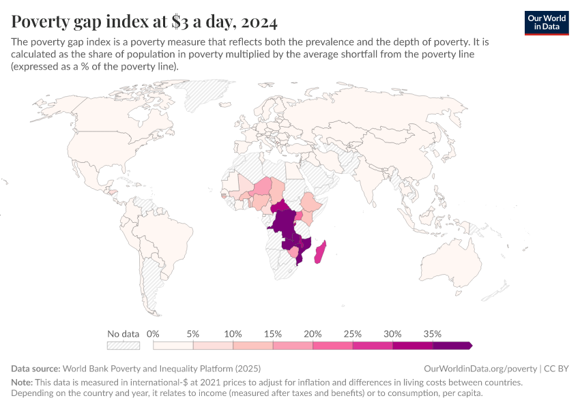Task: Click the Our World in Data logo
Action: pyautogui.click(x=547, y=22)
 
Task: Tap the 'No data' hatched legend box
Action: pyautogui.click(x=123, y=346)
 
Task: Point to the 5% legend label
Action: pyautogui.click(x=192, y=334)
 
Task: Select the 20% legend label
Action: pyautogui.click(x=313, y=334)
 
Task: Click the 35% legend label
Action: pyautogui.click(x=433, y=334)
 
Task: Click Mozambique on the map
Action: pyautogui.click(x=303, y=248)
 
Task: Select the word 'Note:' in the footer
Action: pyautogui.click(x=24, y=382)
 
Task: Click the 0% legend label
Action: pyautogui.click(x=153, y=334)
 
